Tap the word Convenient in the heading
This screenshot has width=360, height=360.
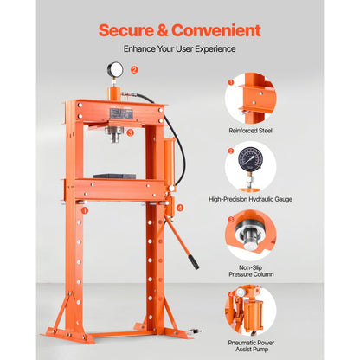[219, 30]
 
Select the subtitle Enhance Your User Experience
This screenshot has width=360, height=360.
[179, 49]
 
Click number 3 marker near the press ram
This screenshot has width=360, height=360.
[131, 133]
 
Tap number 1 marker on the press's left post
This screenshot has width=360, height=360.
[84, 209]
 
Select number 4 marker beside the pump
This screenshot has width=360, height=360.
[180, 208]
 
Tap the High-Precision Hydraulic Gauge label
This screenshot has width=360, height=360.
[250, 199]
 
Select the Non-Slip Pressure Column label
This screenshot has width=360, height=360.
[250, 273]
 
